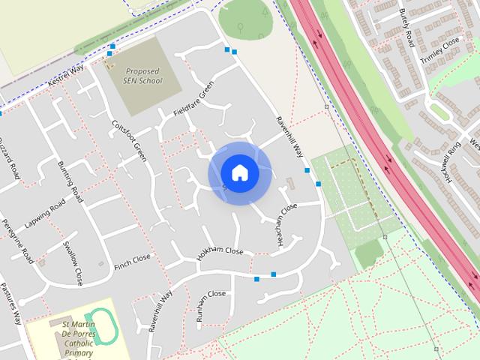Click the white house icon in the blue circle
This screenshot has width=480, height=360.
pos(239,172)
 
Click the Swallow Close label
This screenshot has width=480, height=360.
pos(73,262)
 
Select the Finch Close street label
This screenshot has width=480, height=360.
pos(132,261)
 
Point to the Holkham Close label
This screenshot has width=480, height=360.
pos(220,252)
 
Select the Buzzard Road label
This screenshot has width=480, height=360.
pos(10,157)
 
